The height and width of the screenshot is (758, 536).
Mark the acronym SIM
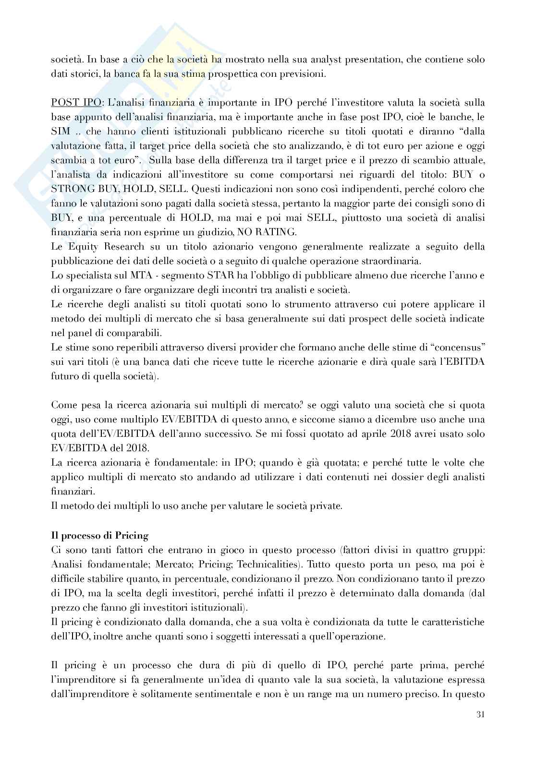pyautogui.click(x=60, y=132)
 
